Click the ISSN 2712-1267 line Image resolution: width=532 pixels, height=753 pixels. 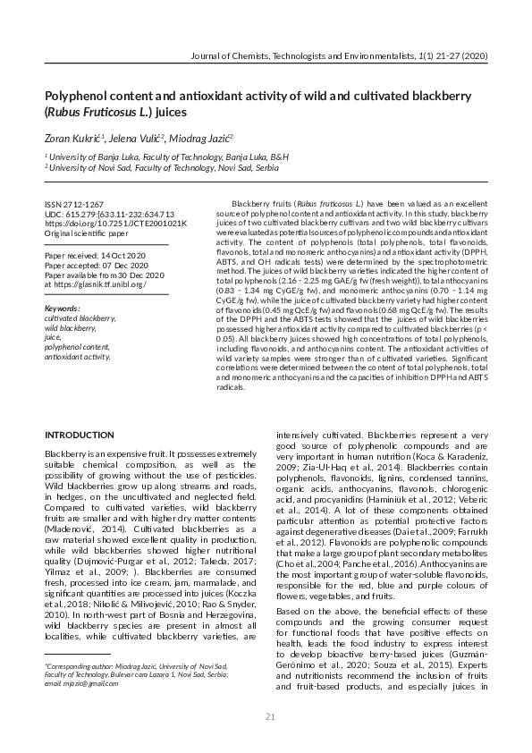(x=73, y=205)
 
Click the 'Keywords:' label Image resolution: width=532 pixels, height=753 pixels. (x=62, y=309)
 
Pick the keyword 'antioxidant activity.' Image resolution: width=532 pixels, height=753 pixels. (x=77, y=356)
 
